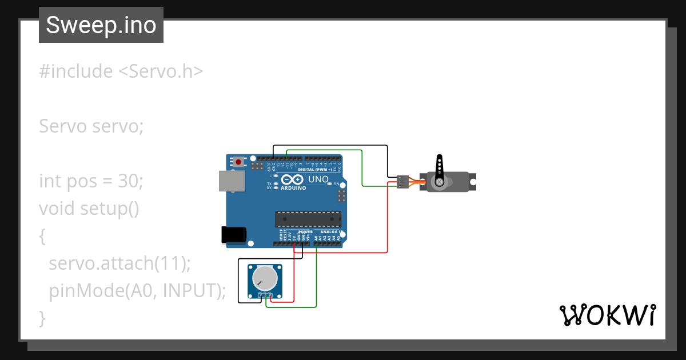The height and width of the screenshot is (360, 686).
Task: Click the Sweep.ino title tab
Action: (101, 25)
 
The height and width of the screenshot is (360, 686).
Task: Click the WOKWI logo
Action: (607, 315)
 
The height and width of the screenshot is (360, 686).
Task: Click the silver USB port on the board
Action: (232, 181)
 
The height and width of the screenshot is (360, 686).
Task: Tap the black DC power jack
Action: (234, 234)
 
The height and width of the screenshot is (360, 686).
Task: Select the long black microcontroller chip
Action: (308, 219)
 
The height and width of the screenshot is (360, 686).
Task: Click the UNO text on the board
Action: (318, 179)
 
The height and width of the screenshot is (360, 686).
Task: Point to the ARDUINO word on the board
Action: (293, 187)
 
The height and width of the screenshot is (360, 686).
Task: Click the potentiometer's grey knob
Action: (264, 279)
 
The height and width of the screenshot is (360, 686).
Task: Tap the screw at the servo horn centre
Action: (440, 182)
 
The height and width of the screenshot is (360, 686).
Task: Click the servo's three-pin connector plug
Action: (402, 182)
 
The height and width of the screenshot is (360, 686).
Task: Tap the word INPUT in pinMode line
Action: (190, 290)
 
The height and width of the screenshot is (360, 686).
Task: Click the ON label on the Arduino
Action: (336, 184)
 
